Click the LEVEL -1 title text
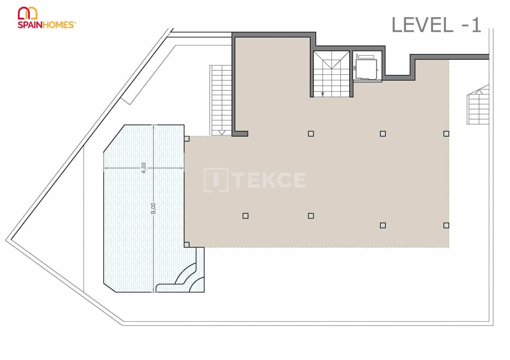click(436, 25)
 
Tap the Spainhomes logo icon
click(28, 13)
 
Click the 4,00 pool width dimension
click(144, 168)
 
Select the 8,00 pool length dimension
click(153, 208)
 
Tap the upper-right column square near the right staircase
click(446, 134)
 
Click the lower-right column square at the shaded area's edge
click(446, 226)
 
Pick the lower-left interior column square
click(245, 216)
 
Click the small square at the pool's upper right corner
click(187, 139)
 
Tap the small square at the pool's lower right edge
click(187, 245)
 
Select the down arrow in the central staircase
click(323, 94)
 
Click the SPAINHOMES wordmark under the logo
click(47, 25)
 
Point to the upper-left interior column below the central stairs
click(311, 134)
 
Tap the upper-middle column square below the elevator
click(383, 134)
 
